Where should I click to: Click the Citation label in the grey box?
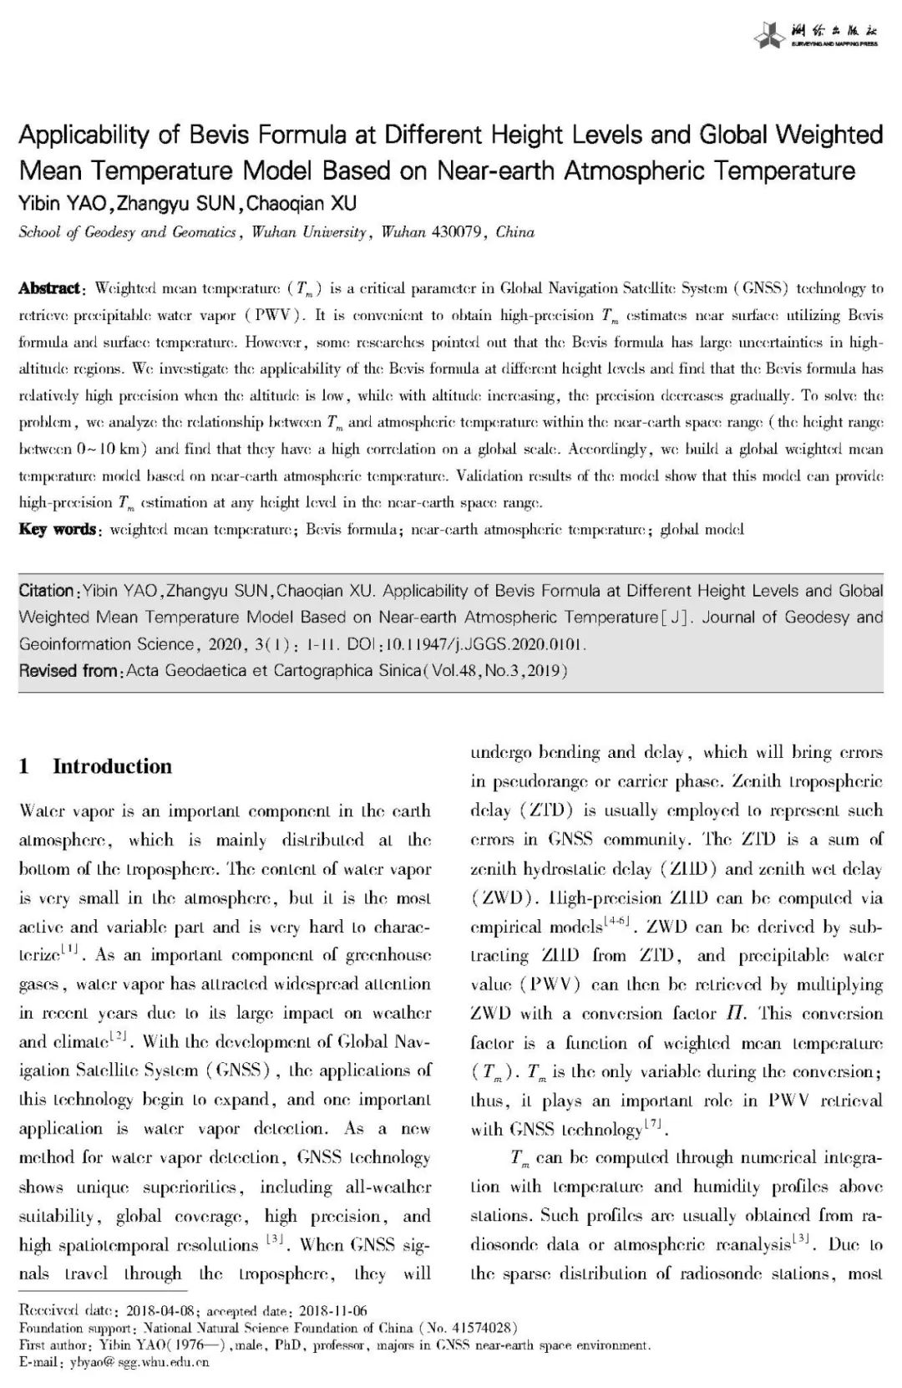[47, 592]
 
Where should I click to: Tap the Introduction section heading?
[112, 766]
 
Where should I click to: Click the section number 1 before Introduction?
[24, 766]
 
